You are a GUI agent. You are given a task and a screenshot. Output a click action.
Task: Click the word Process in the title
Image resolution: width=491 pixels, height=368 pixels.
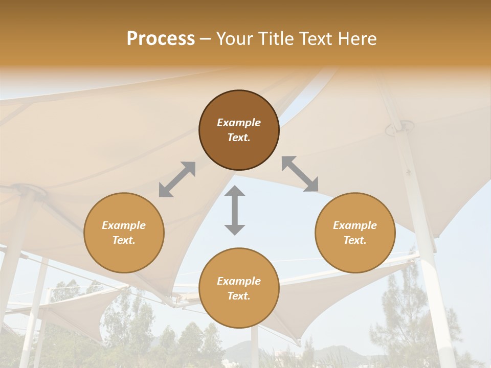161,38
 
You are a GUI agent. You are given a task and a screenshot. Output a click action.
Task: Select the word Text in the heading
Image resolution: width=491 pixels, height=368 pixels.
314,38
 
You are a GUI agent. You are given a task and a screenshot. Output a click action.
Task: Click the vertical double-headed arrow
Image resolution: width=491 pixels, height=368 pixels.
235,211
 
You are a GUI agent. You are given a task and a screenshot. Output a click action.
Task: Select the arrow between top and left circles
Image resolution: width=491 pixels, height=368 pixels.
177,179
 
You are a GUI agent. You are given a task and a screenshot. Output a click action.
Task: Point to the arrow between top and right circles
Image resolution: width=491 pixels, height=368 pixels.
300,174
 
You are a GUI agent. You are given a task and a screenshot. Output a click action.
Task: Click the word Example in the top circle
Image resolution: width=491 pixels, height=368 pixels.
239,123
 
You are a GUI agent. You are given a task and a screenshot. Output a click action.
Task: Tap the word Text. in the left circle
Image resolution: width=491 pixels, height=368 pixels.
124,240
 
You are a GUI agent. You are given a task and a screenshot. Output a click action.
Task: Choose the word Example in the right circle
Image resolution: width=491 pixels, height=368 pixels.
355,225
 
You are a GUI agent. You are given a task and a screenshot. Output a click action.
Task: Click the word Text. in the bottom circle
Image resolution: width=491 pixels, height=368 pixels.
239,296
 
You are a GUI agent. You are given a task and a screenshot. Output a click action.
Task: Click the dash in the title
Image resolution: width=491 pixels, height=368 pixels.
206,39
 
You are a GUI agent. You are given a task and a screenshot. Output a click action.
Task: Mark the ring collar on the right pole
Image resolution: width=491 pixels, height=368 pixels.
399,127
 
